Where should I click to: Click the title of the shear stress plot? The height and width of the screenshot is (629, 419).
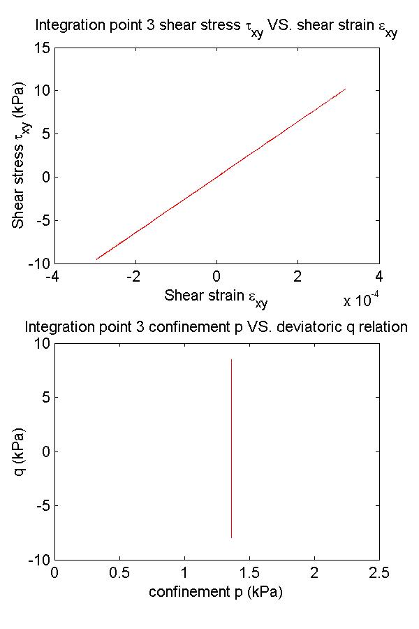tap(216, 29)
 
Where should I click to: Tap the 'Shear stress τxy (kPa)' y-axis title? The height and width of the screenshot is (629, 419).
tap(22, 155)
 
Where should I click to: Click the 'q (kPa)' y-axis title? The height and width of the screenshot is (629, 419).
tap(22, 451)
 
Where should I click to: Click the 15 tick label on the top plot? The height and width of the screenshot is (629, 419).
tap(41, 48)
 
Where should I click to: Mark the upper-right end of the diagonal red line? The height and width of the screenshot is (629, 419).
tap(346, 89)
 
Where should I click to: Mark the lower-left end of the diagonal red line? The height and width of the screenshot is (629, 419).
tap(96, 259)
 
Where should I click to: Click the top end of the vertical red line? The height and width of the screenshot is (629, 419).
tap(231, 359)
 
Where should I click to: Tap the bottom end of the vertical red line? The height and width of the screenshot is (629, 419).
tap(231, 537)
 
